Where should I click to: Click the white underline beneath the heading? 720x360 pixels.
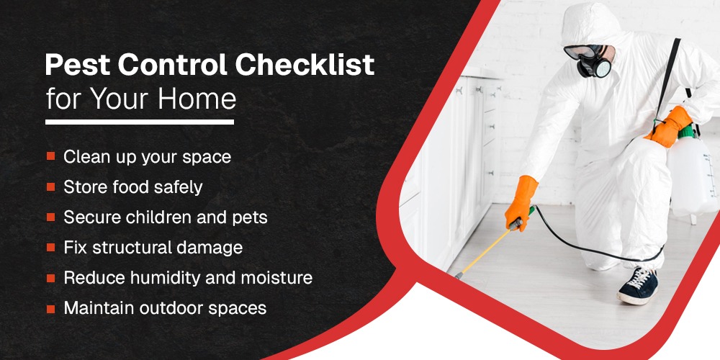(x=140, y=122)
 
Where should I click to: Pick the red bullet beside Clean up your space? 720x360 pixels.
(x=50, y=156)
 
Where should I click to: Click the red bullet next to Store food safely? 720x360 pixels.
(x=50, y=186)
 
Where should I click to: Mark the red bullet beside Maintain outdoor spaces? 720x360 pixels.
(x=50, y=308)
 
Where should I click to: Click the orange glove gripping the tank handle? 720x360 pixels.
(x=670, y=126)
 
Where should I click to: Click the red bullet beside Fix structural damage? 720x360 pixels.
(x=50, y=247)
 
